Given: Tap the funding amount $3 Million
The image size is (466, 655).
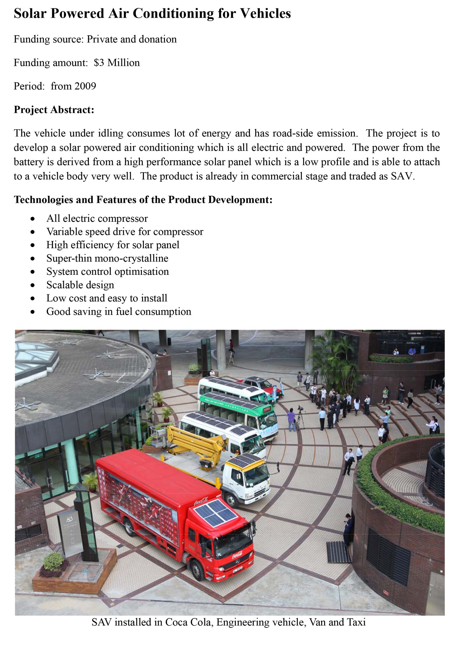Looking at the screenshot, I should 116,63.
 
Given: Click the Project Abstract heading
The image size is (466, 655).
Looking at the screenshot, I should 54,110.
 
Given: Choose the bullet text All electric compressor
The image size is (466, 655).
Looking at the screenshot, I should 97,218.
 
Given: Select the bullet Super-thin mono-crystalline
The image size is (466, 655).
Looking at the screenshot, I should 107,258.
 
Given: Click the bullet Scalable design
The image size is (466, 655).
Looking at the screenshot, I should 80,285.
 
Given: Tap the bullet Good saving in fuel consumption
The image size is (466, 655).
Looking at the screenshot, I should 119,311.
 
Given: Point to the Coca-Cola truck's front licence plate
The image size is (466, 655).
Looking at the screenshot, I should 238,568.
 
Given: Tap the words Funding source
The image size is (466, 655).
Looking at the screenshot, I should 48,39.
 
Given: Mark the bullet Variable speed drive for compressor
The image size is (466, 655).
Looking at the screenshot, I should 125,232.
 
